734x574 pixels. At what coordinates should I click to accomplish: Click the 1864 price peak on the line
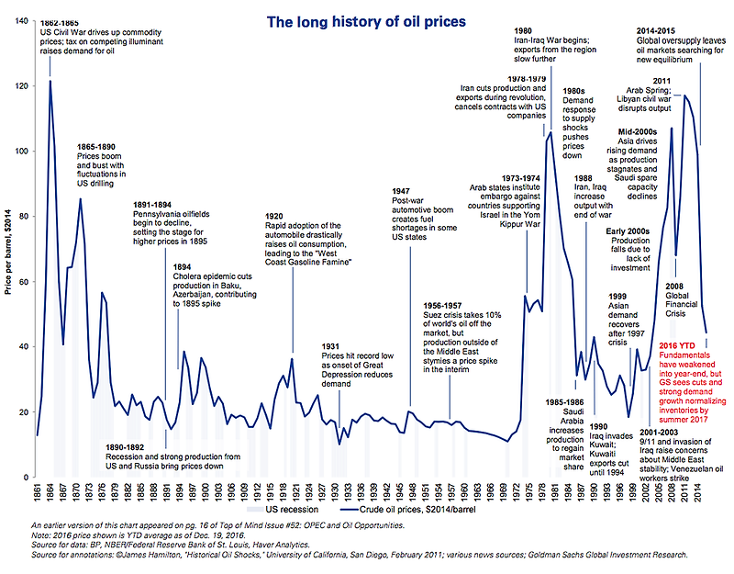pos(50,82)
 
